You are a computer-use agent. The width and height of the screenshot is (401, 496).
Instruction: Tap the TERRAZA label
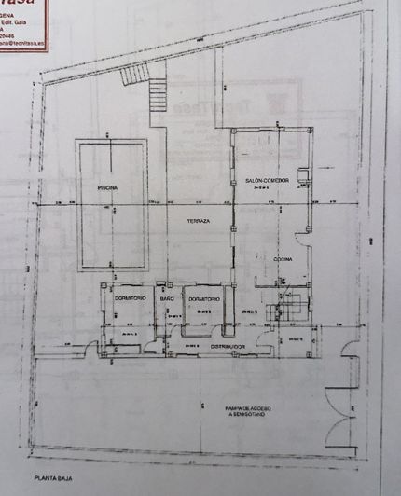click(197, 220)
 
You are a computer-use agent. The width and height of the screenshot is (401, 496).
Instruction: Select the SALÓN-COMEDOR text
click(267, 180)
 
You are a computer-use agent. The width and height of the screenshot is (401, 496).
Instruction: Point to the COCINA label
click(284, 257)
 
